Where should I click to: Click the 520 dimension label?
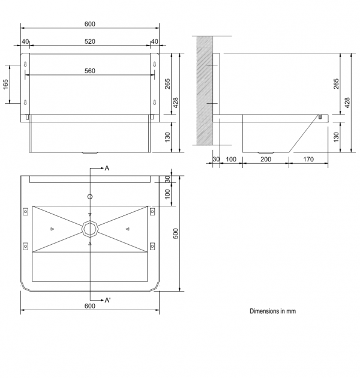[x=89, y=41]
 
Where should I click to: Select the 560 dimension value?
[x=89, y=71]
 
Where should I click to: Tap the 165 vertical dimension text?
[x=5, y=84]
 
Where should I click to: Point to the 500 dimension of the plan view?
[x=176, y=233]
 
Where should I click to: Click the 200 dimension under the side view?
[x=266, y=159]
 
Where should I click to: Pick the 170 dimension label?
[x=308, y=159]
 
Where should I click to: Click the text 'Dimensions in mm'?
[x=272, y=311]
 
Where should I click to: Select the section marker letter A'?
[x=107, y=300]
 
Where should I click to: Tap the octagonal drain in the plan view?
[x=89, y=229]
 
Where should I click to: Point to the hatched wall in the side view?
[x=205, y=91]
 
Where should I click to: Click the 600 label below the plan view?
[x=89, y=306]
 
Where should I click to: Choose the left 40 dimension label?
[x=25, y=41]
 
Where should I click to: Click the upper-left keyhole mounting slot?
[x=25, y=64]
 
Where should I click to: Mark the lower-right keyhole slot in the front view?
[x=155, y=103]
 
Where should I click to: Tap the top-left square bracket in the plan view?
[x=25, y=211]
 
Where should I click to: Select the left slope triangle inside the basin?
[x=52, y=229]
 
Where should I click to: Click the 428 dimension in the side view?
[x=347, y=103]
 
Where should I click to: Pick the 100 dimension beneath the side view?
[x=231, y=159]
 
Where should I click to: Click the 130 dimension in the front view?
[x=167, y=137]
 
